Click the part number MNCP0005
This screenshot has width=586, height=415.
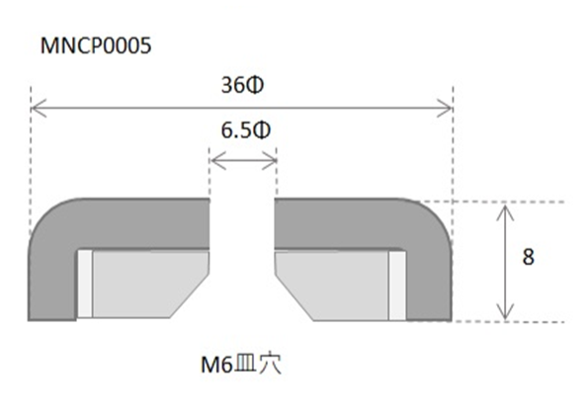tap(96, 46)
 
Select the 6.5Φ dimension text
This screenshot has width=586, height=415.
tap(243, 130)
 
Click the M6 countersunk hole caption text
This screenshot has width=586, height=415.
tap(242, 364)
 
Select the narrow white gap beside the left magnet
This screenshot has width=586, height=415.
tap(84, 285)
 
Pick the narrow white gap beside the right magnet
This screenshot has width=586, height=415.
tap(398, 285)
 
